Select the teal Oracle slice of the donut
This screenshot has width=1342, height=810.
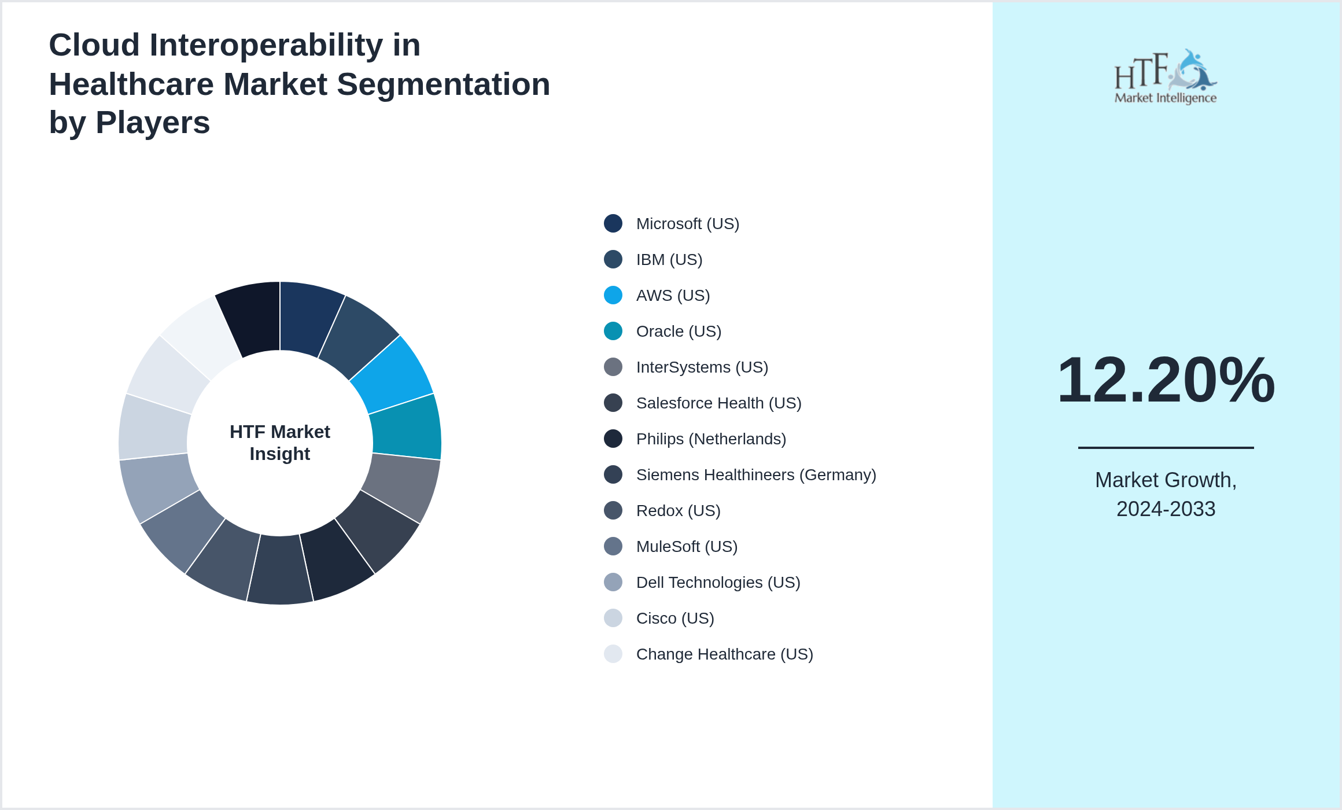click(407, 427)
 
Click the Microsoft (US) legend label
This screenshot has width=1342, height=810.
click(687, 224)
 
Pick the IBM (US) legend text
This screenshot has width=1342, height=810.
click(669, 260)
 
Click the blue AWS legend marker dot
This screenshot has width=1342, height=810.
click(613, 295)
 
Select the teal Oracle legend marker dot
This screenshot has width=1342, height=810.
click(613, 331)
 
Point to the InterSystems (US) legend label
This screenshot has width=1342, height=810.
click(702, 367)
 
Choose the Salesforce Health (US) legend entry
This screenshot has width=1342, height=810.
click(718, 403)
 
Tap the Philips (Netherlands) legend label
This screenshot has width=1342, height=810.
click(711, 439)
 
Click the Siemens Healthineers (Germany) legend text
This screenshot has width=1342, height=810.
click(755, 475)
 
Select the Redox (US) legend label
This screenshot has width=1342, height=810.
click(678, 511)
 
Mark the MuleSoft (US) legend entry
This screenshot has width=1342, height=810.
click(687, 547)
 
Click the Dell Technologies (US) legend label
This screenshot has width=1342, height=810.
click(718, 583)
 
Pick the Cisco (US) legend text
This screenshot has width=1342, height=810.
click(675, 618)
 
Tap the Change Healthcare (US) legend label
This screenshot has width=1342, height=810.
click(724, 654)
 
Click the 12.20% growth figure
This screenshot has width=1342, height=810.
click(1166, 380)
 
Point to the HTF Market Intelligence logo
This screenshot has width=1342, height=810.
click(1166, 77)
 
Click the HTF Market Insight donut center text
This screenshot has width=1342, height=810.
click(280, 443)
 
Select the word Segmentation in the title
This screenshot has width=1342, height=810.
click(443, 84)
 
